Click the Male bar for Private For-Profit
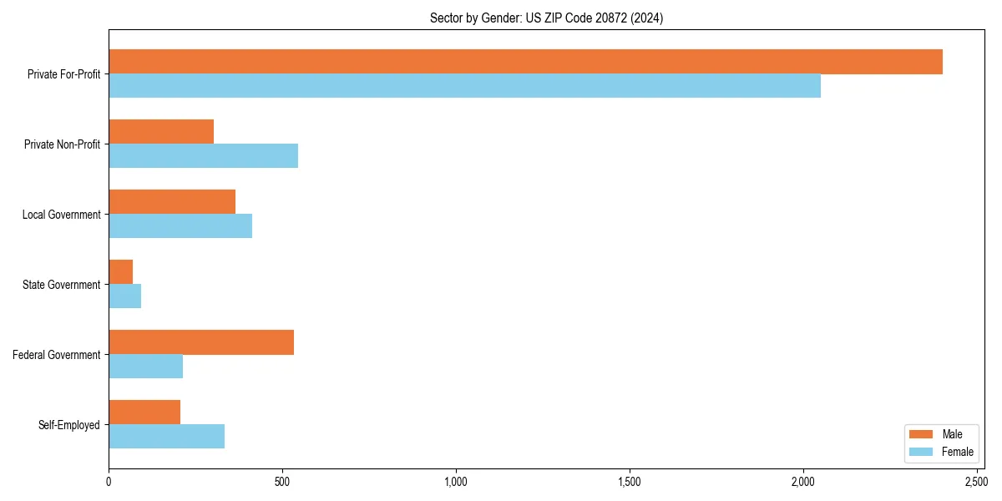525,62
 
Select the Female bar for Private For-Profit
464,86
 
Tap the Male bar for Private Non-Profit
161,132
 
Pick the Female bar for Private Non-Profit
203,156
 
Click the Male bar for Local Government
172,202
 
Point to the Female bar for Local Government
180,226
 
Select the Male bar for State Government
120,272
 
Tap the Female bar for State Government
124,296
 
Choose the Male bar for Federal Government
201,342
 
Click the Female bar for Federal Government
145,367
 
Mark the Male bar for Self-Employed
144,412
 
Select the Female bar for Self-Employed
166,437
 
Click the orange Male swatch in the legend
921,434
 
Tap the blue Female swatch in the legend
921,452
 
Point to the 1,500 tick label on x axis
630,483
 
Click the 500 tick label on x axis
282,483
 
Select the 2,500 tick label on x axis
976,483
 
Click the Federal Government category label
57,355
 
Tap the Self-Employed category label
69,425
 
